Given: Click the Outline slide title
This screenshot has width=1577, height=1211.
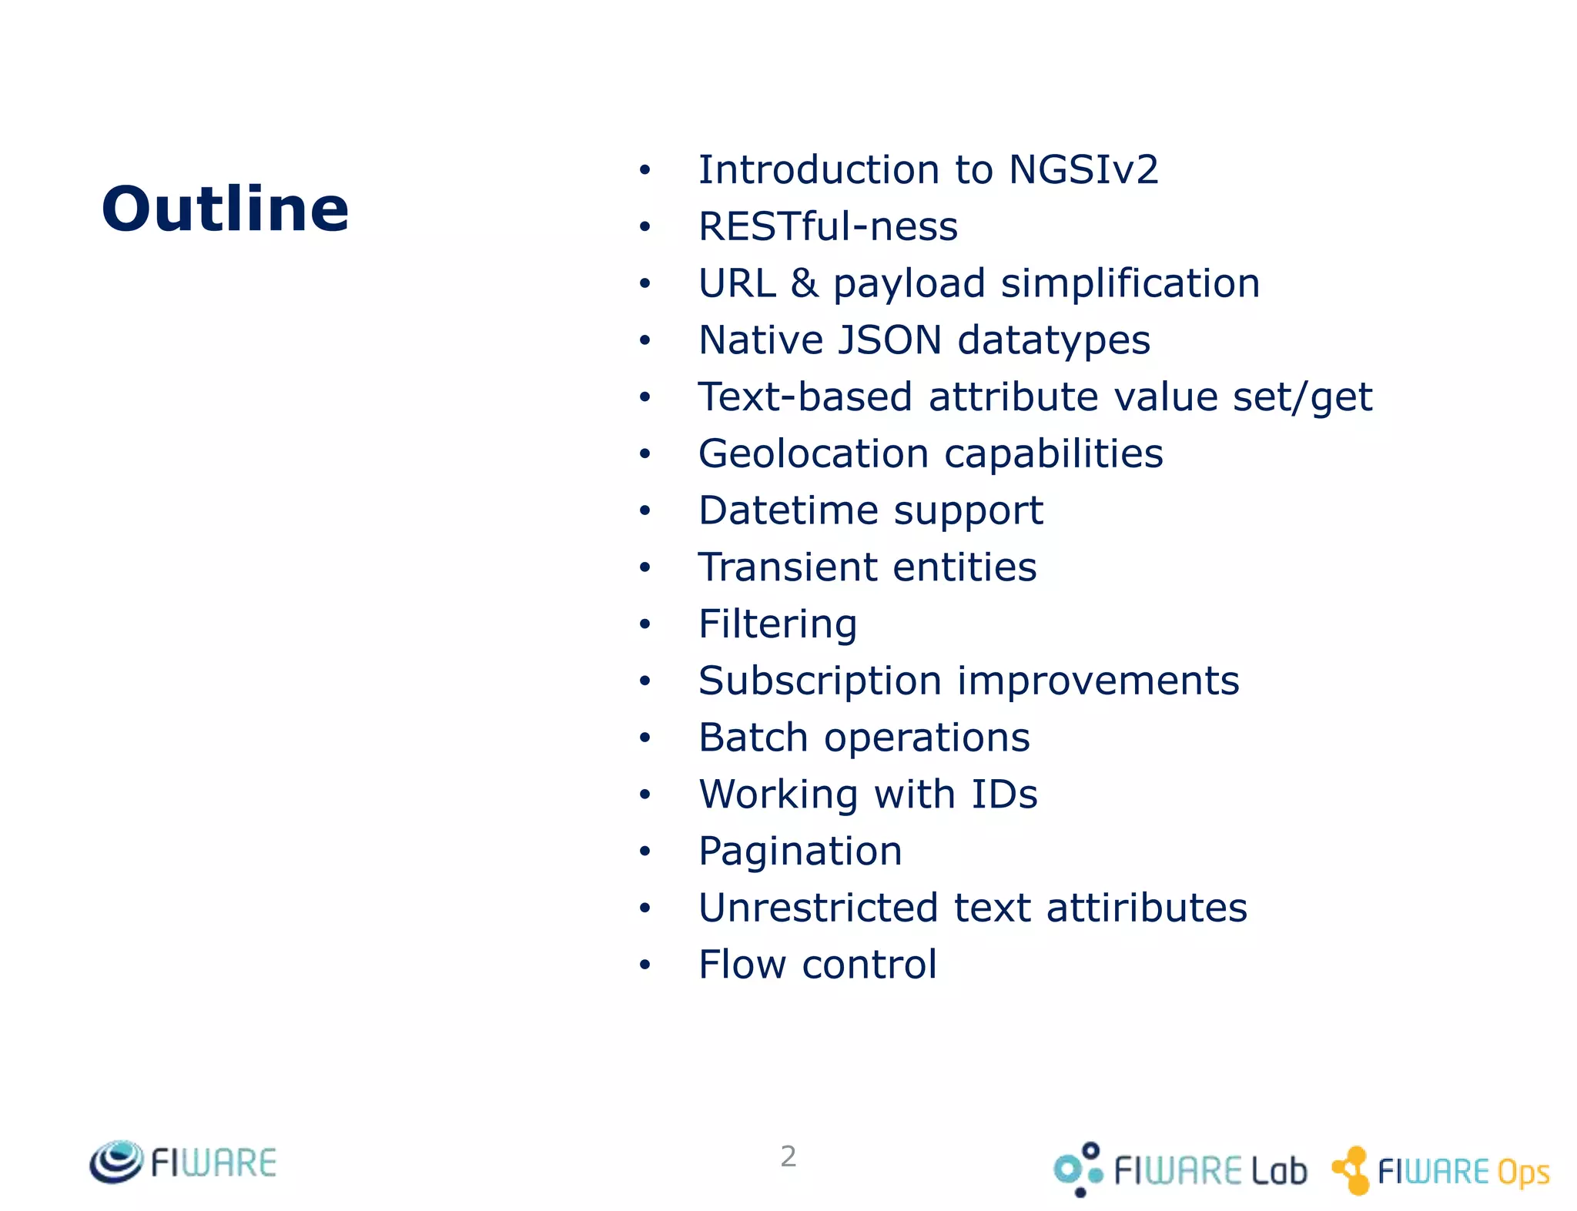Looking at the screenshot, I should coord(225,209).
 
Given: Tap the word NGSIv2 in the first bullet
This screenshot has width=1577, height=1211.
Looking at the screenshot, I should coord(1083,169).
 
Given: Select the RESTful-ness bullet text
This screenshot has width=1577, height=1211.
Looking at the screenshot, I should coord(828,226).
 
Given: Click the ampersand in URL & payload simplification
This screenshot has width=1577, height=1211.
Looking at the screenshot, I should coord(804,283).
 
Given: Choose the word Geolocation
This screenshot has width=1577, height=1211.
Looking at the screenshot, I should coord(813,453).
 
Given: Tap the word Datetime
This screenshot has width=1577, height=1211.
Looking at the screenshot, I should coord(788,510).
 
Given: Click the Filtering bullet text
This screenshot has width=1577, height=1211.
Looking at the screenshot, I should coord(778,624).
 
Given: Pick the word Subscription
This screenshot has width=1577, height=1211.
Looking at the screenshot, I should coord(819,681).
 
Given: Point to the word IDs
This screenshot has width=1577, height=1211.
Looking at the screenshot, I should coord(1004,794).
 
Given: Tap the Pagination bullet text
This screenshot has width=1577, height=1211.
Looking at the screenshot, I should coord(800,851).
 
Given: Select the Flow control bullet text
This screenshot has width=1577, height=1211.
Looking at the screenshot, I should coord(817,965).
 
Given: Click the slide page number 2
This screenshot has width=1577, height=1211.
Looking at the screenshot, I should coord(788,1156).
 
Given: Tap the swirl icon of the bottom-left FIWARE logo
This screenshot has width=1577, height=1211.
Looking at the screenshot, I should coord(116,1162).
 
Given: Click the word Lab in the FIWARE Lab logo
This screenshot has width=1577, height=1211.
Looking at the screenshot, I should coord(1278,1171).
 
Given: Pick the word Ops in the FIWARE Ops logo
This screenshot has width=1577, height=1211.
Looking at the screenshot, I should coord(1522,1173).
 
